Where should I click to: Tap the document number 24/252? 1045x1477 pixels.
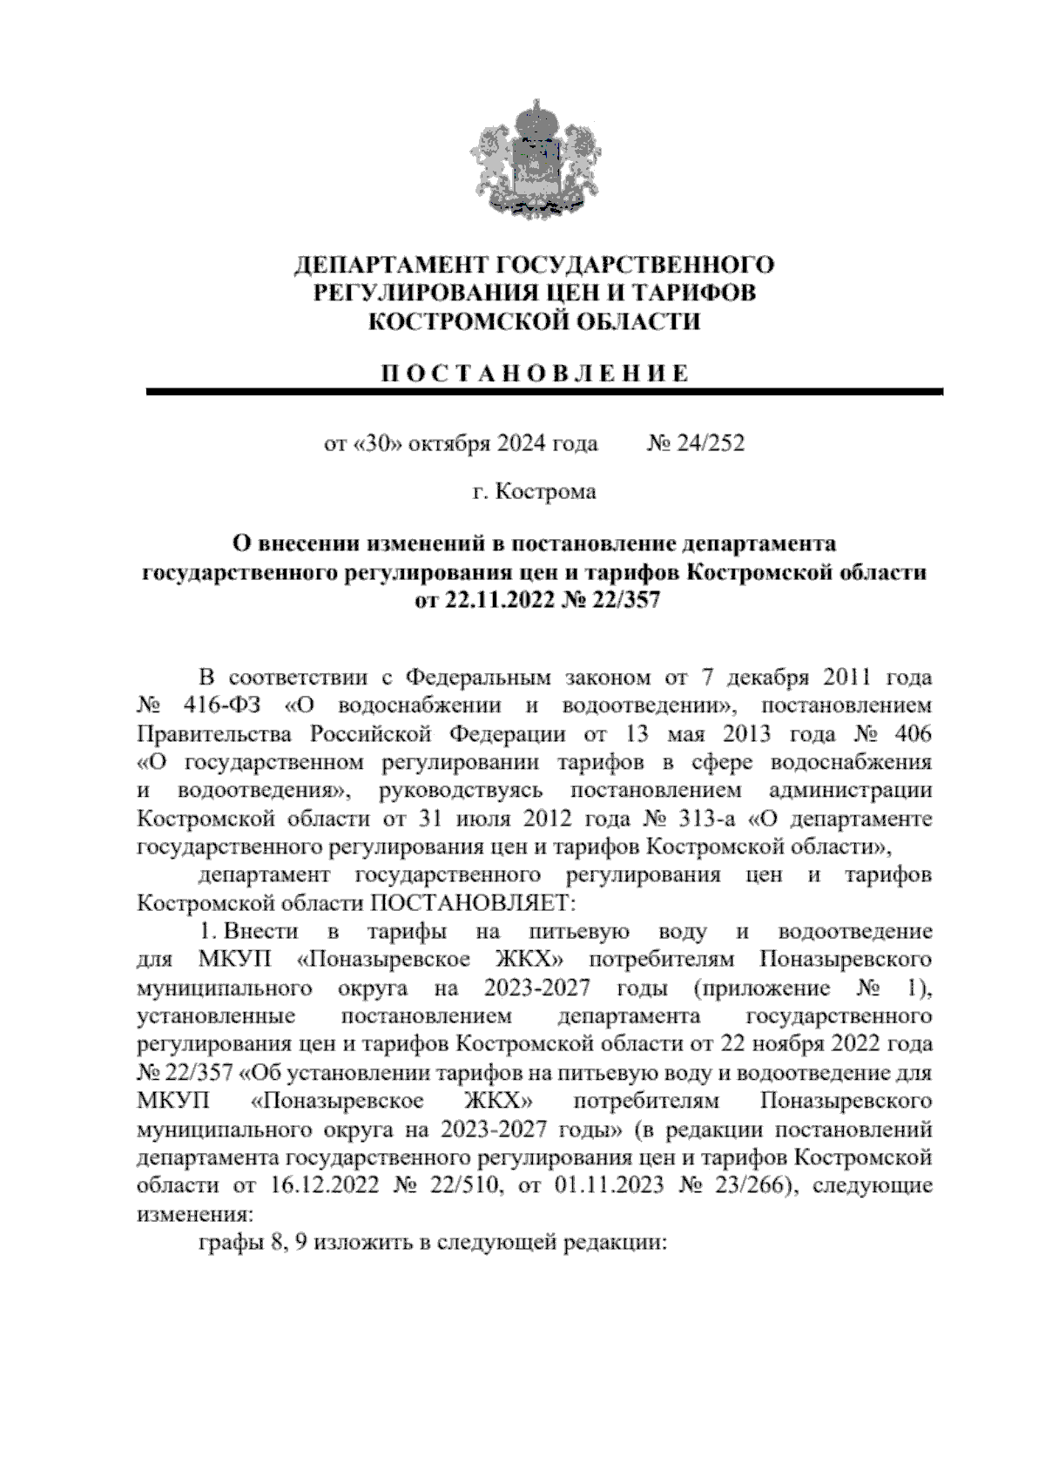coord(707,444)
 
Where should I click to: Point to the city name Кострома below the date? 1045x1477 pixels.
coord(545,492)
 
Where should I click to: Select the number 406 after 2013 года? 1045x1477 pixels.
coord(912,733)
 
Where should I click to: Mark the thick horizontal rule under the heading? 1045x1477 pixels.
coord(545,393)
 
